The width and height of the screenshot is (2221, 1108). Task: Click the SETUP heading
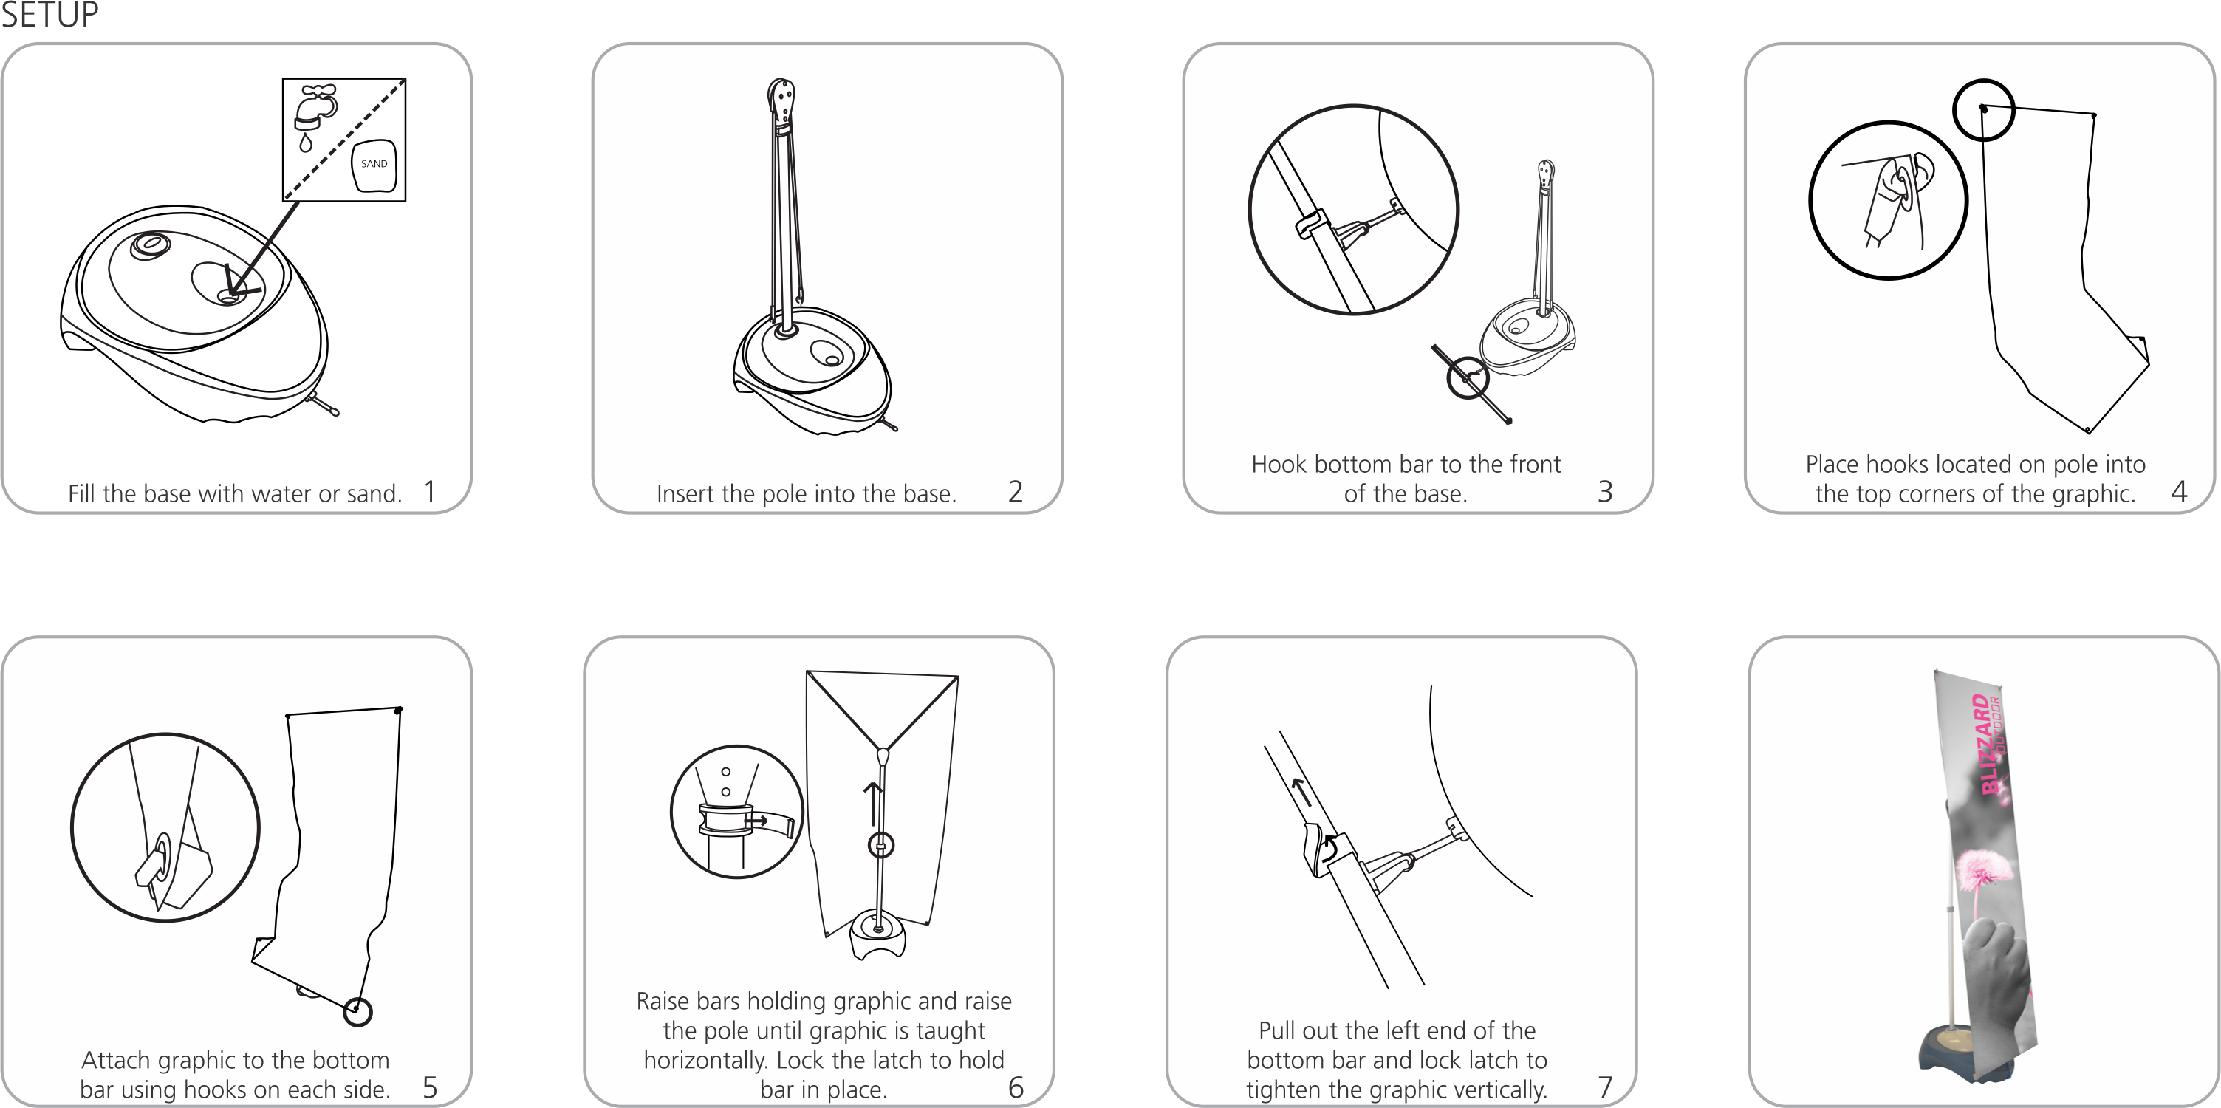click(49, 15)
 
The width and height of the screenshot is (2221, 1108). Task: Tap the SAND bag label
click(374, 164)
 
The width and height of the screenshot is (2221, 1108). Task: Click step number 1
click(429, 491)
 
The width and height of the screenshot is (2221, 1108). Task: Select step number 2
click(1016, 491)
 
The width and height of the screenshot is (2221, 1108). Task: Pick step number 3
click(1604, 491)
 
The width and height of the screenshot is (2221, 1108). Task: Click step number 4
click(2179, 491)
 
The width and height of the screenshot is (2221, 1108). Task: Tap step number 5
click(429, 1087)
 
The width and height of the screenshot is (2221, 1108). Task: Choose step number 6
click(1016, 1087)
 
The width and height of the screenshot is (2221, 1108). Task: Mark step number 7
click(1604, 1087)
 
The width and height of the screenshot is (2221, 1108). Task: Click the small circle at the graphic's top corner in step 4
click(1983, 109)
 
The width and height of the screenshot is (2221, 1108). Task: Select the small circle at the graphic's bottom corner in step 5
click(357, 1011)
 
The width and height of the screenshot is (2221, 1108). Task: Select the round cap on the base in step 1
click(151, 244)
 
